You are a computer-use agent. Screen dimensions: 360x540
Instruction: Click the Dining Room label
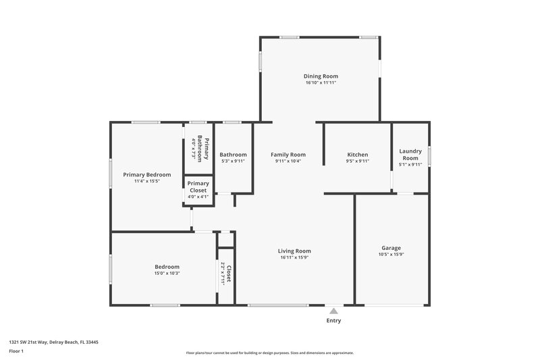320,76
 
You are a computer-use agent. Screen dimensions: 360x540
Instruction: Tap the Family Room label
288,155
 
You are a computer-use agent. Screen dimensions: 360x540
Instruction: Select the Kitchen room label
357,155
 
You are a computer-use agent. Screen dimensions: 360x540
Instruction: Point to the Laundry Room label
410,155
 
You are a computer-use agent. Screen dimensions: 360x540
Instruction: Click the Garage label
391,248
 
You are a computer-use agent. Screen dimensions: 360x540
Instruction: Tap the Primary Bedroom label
146,174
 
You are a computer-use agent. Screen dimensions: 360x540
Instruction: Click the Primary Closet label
198,187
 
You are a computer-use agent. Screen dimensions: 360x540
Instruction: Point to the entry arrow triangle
333,311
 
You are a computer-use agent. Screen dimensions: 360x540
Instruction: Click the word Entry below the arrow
333,321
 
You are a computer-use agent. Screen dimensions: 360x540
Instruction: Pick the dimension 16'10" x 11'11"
320,82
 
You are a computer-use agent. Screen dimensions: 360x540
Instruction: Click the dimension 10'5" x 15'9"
391,255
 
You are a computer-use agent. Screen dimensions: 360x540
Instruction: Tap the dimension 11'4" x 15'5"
146,181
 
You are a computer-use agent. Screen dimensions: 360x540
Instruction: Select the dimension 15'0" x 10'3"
167,274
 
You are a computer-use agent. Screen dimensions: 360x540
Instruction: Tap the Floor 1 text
16,351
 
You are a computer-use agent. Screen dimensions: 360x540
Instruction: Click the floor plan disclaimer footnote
269,353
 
